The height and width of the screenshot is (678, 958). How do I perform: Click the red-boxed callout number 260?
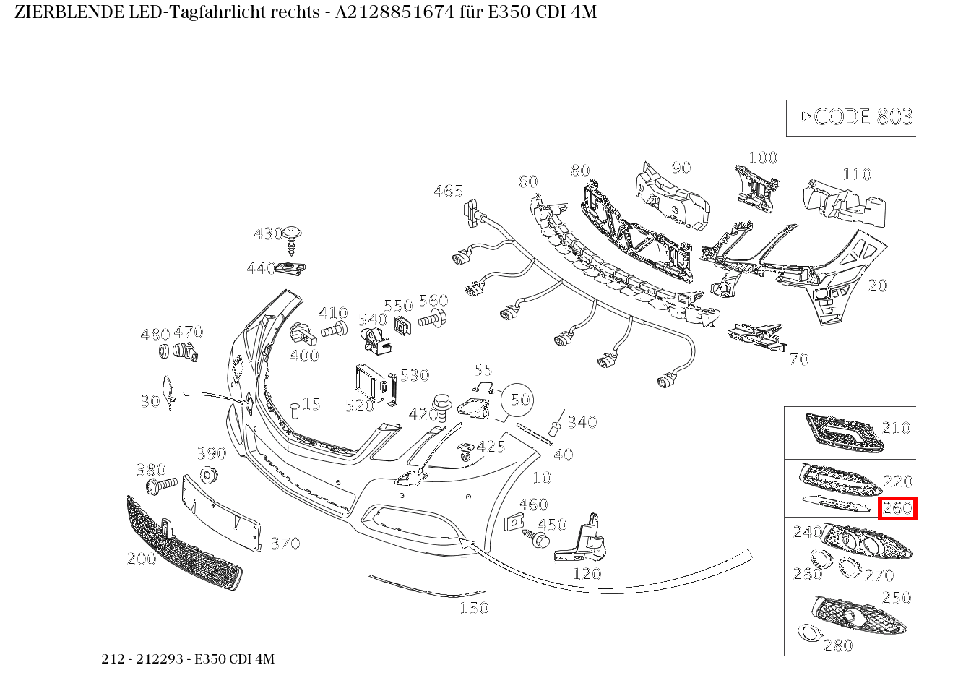coord(897,508)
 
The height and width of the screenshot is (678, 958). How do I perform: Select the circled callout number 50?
coord(520,400)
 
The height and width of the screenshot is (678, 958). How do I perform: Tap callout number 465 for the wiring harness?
coord(448,191)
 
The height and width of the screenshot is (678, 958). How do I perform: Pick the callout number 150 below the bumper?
coord(474,608)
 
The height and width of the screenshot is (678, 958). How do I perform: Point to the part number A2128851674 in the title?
coord(393,12)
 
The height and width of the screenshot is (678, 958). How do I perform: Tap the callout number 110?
coord(857,174)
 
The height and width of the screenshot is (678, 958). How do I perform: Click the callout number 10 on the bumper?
coord(542,477)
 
